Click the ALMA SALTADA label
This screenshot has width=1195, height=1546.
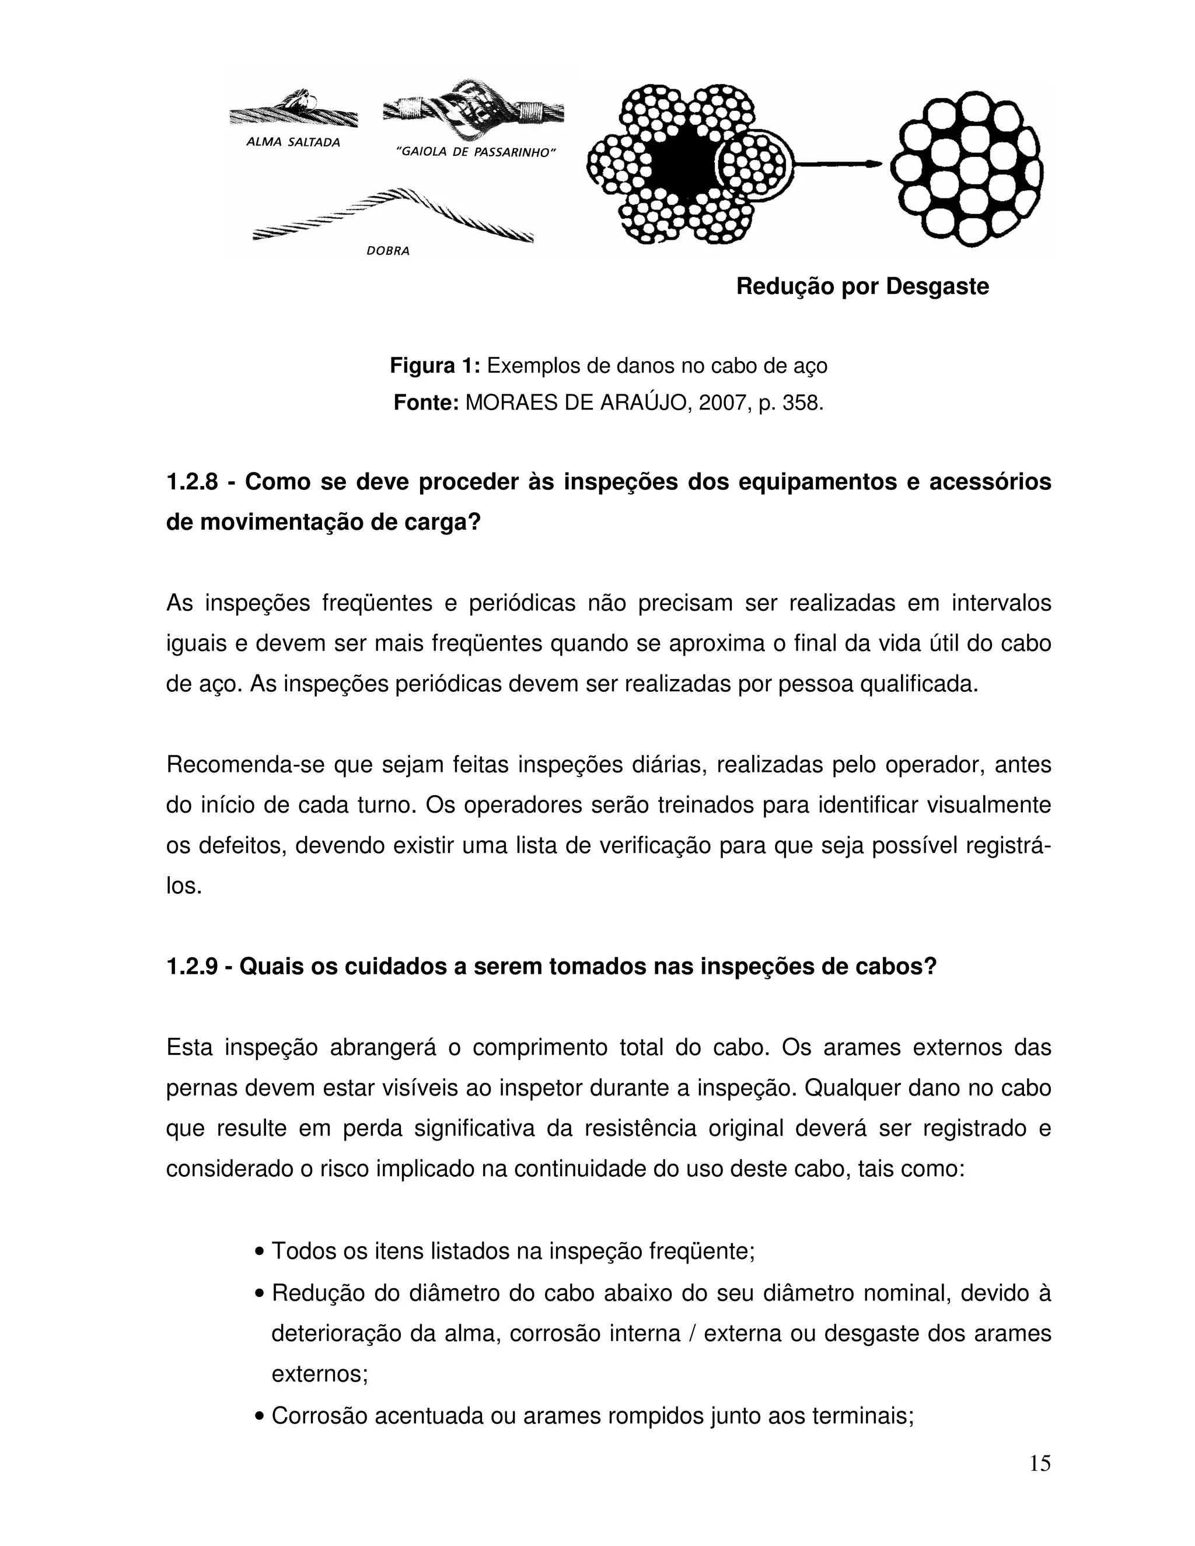(292, 142)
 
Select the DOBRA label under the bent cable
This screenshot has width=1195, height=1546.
(387, 251)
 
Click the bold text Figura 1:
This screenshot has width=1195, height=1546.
(435, 366)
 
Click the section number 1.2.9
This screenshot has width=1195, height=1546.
(192, 966)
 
